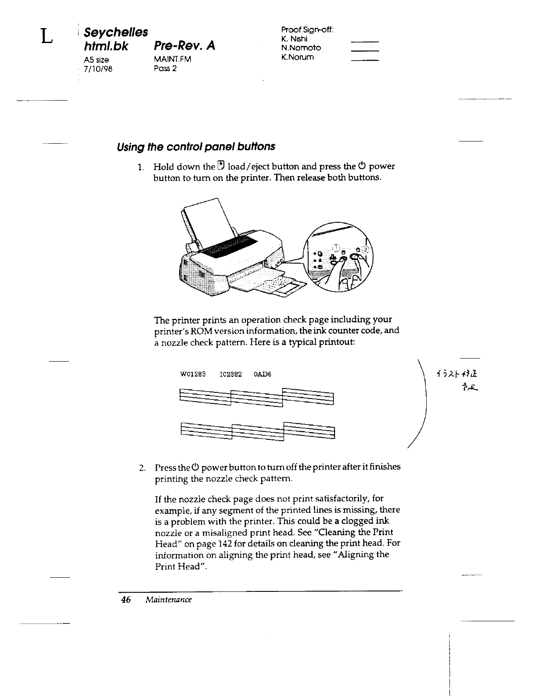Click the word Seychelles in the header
click(x=115, y=32)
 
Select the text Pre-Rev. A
click(x=184, y=46)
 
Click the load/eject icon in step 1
click(x=221, y=166)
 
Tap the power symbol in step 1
click(x=362, y=167)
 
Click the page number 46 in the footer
click(x=126, y=600)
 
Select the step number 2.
click(x=141, y=467)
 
